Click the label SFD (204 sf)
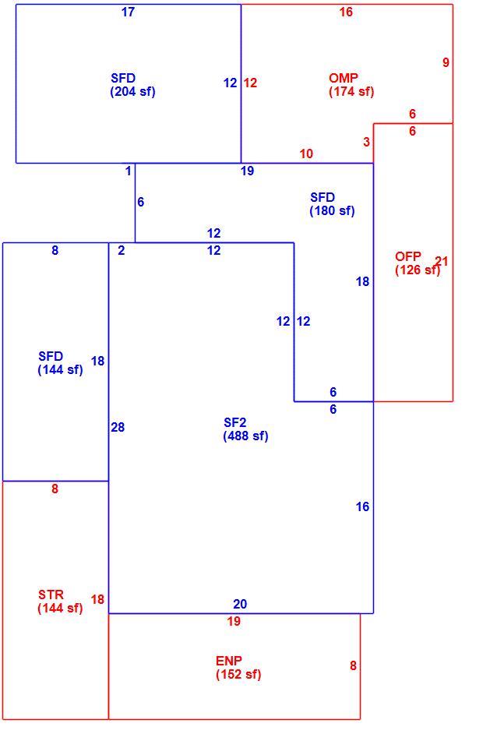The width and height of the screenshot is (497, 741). [132, 85]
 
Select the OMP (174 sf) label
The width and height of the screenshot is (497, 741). [351, 85]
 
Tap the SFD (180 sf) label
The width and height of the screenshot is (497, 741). [332, 203]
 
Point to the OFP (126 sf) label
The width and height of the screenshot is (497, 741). [418, 263]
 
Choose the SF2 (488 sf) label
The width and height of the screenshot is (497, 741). [245, 429]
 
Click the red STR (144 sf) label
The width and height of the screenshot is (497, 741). [61, 601]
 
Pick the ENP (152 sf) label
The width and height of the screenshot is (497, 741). [238, 667]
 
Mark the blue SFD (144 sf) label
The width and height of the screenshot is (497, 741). [61, 362]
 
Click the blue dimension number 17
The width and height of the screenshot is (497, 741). [128, 12]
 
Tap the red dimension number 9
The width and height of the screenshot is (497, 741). [446, 62]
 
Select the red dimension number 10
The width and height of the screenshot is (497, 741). [306, 153]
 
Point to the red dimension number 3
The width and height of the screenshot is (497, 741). [367, 142]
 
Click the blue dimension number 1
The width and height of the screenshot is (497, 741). [128, 171]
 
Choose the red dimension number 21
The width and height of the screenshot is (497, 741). [442, 261]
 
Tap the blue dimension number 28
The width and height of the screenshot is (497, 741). [118, 427]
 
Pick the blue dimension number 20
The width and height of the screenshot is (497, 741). [240, 604]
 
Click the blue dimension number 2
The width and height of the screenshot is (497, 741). [122, 250]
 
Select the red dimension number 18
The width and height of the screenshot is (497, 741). [97, 599]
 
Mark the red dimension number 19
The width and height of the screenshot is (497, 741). [234, 621]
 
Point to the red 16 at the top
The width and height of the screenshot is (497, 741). [346, 12]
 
